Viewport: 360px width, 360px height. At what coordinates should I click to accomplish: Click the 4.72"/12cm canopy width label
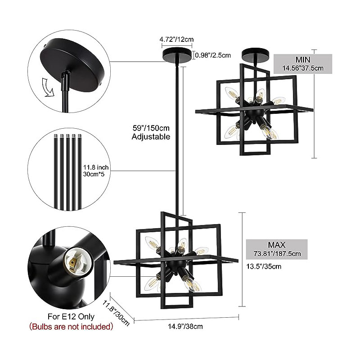pos(176,39)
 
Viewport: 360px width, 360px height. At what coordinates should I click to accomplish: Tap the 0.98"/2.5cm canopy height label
pos(213,55)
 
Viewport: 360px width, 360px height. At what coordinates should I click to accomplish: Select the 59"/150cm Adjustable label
pos(151,132)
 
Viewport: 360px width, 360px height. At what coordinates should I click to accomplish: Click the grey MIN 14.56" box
pos(303,64)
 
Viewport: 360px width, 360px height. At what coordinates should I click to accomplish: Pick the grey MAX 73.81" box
pos(277,249)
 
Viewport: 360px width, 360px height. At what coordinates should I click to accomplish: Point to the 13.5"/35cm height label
pos(264,266)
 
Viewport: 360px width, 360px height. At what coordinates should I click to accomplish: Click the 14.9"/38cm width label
pos(185,326)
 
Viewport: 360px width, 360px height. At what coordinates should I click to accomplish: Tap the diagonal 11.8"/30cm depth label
pos(116,313)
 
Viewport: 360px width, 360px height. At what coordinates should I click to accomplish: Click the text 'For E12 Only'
pos(71,317)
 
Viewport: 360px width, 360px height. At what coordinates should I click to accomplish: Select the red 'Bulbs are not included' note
pos(71,326)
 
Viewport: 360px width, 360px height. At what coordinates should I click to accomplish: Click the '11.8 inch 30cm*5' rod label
pos(95,171)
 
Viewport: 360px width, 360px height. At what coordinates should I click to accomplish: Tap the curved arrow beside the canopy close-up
pos(48,87)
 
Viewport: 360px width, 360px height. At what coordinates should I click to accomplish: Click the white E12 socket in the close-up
pos(76,261)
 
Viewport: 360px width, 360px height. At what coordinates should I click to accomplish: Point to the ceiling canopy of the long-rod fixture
pos(177,54)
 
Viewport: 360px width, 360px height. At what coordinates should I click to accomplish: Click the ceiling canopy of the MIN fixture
pos(256,54)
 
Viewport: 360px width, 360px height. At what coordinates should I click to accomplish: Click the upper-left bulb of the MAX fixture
pos(152,243)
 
